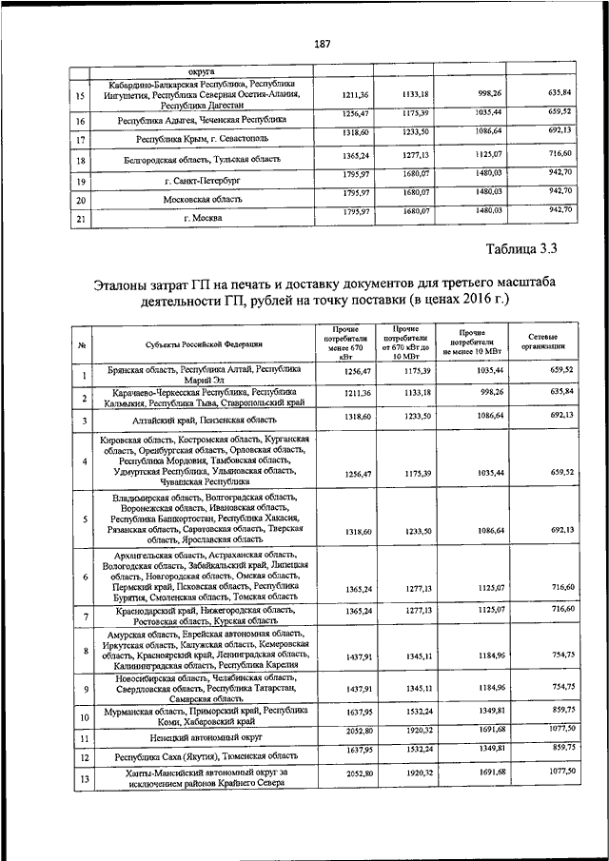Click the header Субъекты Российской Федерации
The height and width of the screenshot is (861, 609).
205,343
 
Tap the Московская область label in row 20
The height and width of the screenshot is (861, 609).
205,200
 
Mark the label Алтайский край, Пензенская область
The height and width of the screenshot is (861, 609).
205,420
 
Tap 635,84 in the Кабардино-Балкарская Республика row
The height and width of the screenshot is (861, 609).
560,91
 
